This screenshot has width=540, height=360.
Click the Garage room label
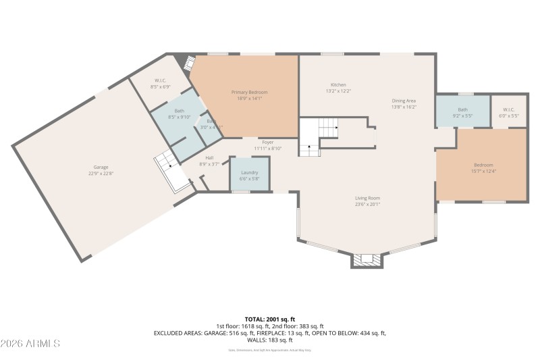[x=101, y=167]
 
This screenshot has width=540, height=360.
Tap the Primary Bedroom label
[x=250, y=92]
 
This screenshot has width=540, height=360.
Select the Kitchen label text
[x=338, y=84]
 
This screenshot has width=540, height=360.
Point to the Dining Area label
[x=404, y=101]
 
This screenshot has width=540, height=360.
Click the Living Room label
[x=368, y=198]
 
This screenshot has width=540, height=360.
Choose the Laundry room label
[x=250, y=172]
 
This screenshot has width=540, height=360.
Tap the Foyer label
[x=268, y=143]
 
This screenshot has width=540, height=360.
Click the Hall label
[x=209, y=158]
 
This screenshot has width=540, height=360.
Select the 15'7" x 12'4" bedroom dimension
[x=483, y=171]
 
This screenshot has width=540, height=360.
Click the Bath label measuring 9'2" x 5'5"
[x=462, y=109]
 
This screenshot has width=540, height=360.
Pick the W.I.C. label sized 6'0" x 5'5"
[x=508, y=109]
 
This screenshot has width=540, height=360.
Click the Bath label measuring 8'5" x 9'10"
[x=179, y=111]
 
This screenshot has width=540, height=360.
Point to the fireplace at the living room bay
[x=367, y=259]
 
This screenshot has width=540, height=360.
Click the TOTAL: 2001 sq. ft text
[x=269, y=319]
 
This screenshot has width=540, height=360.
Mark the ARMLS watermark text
[x=30, y=344]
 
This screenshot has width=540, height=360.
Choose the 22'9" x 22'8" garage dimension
[x=101, y=174]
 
